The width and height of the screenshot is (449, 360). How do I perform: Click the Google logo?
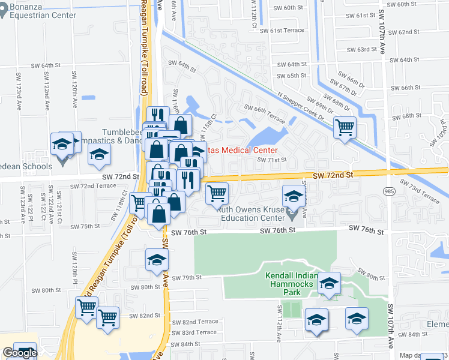pos(19,353)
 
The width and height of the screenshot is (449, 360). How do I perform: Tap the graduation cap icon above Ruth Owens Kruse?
pos(293,196)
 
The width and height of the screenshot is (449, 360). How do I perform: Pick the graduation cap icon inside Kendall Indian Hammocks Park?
pos(329,283)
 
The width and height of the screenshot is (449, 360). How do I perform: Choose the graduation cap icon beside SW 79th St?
pos(157,260)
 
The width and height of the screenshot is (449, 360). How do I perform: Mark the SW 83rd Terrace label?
pos(199,332)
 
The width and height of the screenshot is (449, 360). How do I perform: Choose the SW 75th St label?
pos(85,226)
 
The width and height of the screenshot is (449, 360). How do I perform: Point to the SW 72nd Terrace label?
pos(93,186)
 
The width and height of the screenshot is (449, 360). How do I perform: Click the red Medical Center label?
pos(243,150)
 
